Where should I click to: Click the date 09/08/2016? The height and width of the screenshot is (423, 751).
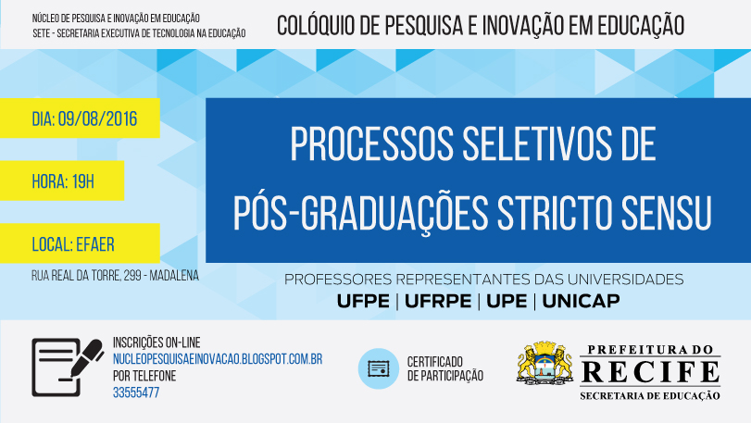point(98,118)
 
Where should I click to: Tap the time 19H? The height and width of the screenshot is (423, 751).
point(82,181)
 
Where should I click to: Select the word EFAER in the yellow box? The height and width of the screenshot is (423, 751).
point(95,244)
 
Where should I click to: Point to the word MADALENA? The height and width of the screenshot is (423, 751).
point(174,276)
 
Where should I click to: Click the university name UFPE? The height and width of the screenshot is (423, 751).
point(363,301)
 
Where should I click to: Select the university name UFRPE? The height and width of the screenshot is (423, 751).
point(438,301)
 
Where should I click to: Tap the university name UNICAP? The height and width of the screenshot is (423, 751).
point(581,301)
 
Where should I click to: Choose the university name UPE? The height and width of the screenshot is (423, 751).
point(507,301)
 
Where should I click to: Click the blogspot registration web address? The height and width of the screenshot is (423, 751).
point(218,359)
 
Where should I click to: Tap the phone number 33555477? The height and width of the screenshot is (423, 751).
point(136,392)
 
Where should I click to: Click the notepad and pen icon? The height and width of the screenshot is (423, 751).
point(68,367)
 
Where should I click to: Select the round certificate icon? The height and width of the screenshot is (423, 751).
point(379,368)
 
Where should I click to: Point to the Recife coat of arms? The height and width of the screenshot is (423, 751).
point(545,364)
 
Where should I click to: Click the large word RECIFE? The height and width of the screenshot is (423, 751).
point(650,373)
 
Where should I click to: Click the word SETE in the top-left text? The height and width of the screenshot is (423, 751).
point(41,33)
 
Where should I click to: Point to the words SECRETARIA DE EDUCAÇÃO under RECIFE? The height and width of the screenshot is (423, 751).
point(650,396)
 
